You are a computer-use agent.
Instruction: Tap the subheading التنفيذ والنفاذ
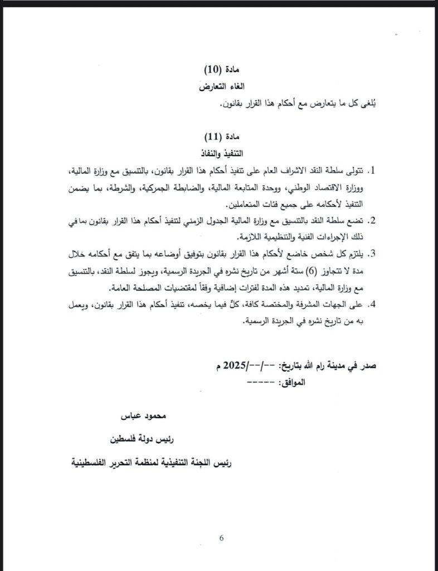221,152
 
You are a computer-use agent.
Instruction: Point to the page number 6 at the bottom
221,538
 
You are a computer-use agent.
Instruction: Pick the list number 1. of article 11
374,170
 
